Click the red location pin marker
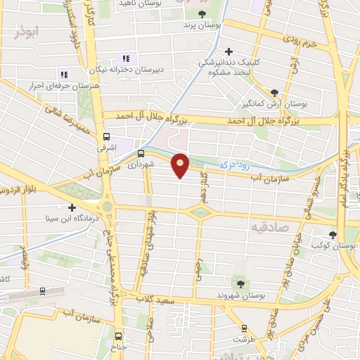[181, 165]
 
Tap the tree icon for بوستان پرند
[202, 13]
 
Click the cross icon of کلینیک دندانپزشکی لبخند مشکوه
[229, 51]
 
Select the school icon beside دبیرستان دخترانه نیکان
[126, 58]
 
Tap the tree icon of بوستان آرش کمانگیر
[274, 92]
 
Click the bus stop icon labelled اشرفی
[106, 137]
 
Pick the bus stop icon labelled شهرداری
[141, 153]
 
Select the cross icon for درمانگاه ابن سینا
[72, 207]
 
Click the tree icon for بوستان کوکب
[333, 235]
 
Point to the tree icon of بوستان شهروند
[241, 284]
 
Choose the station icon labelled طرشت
[244, 328]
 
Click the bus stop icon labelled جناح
[119, 335]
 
